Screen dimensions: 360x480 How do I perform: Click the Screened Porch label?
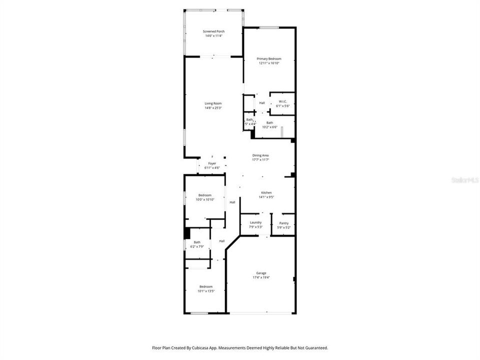213,31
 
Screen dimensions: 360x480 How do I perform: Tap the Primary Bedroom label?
269,58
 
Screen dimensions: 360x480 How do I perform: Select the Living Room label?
213,103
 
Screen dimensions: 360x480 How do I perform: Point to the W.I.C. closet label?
282,101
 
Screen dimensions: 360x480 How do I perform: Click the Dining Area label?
260,155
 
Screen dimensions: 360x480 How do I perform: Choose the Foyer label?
212,163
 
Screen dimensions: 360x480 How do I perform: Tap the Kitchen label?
266,192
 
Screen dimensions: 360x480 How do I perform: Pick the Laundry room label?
255,222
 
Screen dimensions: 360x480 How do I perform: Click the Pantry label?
283,223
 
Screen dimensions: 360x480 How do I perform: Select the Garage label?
261,273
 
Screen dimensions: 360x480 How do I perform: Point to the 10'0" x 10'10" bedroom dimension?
204,199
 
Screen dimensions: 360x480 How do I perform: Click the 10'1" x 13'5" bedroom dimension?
205,291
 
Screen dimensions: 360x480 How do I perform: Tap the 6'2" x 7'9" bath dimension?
197,246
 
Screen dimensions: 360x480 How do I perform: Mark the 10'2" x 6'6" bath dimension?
269,127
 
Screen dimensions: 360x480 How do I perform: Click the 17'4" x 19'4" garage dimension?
261,277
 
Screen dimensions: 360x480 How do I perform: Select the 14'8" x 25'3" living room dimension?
213,108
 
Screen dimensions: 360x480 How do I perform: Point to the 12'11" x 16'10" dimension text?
269,63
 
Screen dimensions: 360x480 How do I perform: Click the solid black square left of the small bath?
187,233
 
